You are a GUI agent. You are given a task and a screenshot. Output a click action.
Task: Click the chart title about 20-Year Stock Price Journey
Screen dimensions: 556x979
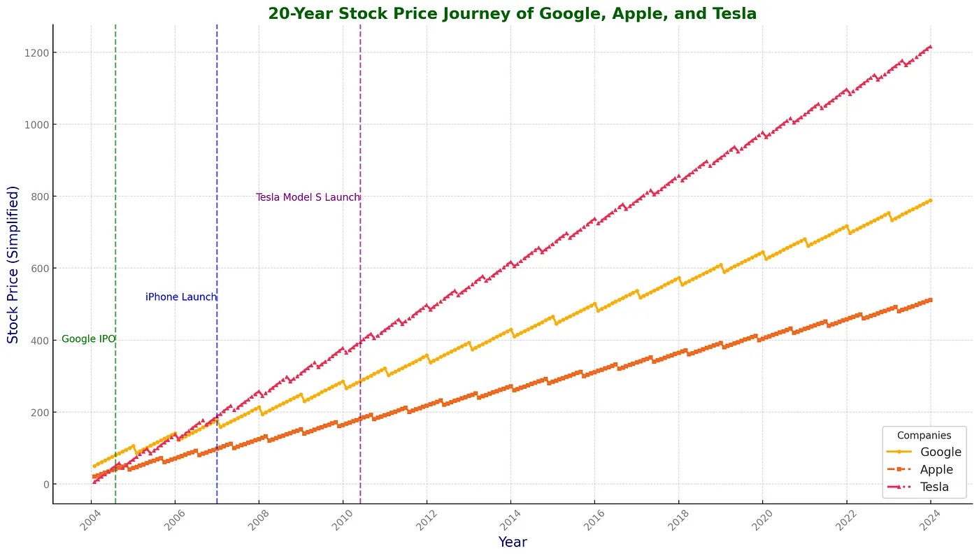point(512,13)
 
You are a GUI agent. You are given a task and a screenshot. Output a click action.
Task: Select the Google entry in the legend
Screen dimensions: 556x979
point(941,452)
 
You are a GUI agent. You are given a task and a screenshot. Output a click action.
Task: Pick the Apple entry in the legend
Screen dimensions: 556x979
point(936,469)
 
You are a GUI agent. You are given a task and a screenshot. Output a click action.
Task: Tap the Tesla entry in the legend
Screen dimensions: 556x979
point(934,487)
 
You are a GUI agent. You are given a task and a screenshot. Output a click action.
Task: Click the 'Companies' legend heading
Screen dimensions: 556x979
point(924,435)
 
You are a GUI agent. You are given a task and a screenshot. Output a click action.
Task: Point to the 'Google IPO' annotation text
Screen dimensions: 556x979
point(88,339)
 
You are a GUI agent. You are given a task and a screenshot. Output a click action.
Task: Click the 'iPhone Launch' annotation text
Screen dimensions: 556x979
point(181,297)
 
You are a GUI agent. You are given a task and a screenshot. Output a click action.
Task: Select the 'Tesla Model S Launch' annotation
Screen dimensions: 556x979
point(308,197)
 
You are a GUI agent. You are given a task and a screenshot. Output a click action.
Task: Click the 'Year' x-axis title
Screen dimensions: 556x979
point(513,542)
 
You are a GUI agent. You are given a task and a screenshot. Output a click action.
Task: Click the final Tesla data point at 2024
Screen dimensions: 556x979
point(930,47)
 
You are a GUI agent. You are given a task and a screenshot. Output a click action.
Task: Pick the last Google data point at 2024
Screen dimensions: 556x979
point(930,201)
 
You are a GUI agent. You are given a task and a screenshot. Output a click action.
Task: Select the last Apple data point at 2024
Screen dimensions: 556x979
point(930,300)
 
